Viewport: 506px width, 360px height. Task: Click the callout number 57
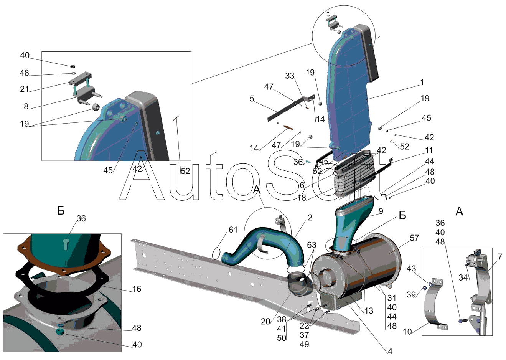[414, 238]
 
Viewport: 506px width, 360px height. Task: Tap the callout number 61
[233, 230]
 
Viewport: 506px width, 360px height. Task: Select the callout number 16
[137, 289]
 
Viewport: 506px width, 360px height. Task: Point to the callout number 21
[25, 89]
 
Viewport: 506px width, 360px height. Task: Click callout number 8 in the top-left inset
[26, 106]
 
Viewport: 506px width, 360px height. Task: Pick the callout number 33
[290, 76]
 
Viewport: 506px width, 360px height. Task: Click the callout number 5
[252, 99]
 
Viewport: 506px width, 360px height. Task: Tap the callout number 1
[422, 82]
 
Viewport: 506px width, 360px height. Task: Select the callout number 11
[429, 150]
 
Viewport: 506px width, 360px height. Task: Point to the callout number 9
[381, 211]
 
